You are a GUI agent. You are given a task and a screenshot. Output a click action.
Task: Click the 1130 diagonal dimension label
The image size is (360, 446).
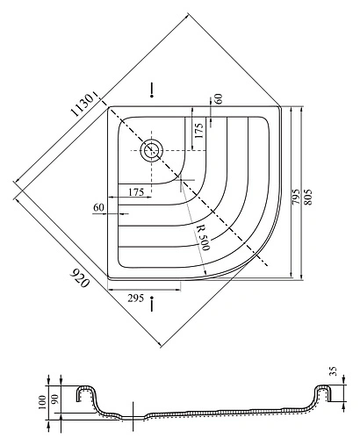point(83,104)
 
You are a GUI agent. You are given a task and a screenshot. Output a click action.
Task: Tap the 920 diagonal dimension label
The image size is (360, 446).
point(79,278)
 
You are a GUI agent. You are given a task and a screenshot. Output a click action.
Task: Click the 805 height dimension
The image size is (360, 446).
point(308,198)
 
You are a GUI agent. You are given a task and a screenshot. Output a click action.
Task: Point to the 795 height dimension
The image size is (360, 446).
point(296,197)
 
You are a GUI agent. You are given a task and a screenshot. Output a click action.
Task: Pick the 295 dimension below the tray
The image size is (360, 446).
point(136,299)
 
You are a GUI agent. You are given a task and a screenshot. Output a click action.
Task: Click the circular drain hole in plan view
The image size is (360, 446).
point(151,150)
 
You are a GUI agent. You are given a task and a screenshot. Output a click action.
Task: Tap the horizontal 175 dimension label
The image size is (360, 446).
point(136,192)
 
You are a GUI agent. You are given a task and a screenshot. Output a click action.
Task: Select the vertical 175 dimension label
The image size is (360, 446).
point(198,131)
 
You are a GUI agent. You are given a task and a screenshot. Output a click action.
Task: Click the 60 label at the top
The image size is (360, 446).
point(219,98)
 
